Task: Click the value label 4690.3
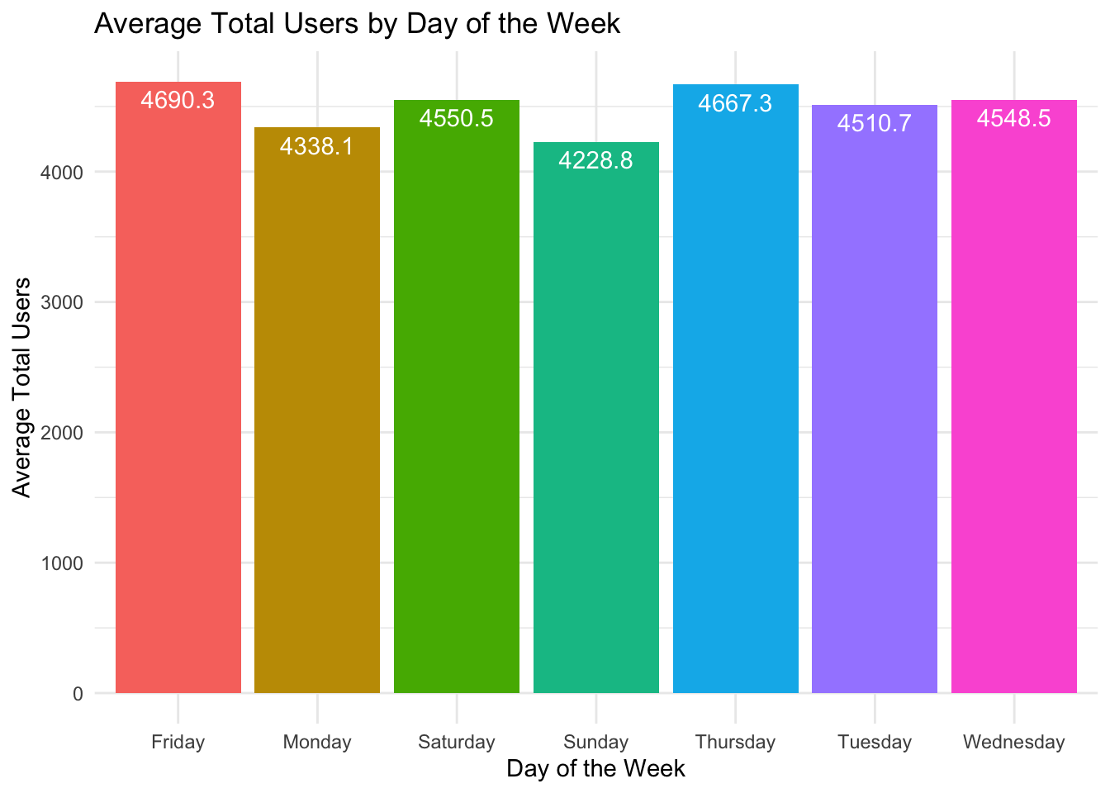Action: coord(178,101)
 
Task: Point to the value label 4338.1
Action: coord(317,147)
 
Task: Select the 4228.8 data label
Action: coord(595,160)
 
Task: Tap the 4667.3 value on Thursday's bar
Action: coord(735,103)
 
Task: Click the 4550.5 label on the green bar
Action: coord(456,119)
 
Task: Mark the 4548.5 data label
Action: coord(1013,119)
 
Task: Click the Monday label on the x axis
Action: coord(317,742)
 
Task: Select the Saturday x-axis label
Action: coord(456,742)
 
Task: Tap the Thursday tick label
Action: coord(735,742)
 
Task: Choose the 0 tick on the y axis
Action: coord(78,694)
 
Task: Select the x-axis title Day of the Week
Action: coord(595,769)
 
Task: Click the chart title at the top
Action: coord(357,23)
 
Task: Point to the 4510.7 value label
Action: coord(875,124)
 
